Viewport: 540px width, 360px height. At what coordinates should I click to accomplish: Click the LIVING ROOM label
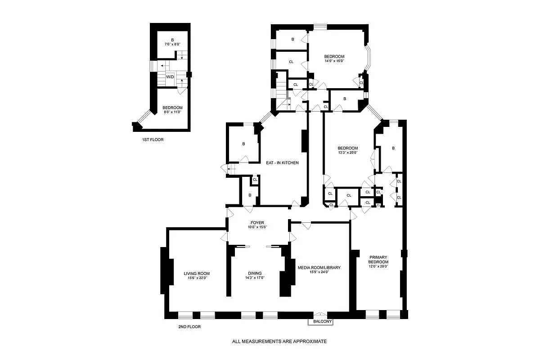[197, 273]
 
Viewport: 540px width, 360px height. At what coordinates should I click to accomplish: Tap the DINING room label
[255, 273]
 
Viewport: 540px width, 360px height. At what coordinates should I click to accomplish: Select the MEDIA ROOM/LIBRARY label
[319, 267]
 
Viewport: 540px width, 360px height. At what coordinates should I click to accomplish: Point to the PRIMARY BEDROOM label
[378, 259]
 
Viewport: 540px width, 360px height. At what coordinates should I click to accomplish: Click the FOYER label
[258, 222]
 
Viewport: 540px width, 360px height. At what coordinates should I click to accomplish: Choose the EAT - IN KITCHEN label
[282, 163]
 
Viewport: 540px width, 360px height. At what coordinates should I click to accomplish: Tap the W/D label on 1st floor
[170, 77]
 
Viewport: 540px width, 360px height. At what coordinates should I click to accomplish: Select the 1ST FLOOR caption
[153, 139]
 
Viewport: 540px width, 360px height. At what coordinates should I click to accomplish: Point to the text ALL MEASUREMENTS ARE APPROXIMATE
[279, 342]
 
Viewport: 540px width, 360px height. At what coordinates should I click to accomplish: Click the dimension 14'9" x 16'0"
[334, 61]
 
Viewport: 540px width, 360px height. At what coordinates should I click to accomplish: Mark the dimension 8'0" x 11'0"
[172, 112]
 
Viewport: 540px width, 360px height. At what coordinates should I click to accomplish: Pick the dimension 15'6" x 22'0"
[197, 278]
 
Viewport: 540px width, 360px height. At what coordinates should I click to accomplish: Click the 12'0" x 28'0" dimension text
[378, 266]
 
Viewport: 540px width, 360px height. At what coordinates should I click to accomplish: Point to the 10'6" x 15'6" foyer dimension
[258, 227]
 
